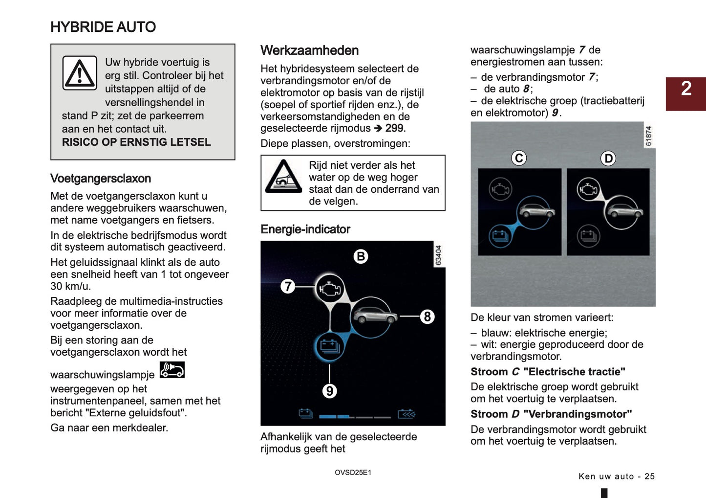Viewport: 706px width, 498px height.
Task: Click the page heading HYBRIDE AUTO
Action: pos(103,27)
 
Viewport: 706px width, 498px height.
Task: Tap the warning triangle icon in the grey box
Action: pos(80,73)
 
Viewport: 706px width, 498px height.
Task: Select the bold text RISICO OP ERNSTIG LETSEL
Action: pos(136,142)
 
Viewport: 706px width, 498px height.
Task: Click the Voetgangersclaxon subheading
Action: pos(101,179)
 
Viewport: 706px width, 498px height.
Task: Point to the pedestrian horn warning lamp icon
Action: pos(172,370)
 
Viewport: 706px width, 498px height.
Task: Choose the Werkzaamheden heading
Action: pos(309,50)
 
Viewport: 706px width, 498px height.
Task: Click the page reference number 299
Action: pos(394,128)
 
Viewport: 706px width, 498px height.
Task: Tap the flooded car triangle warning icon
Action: pos(283,177)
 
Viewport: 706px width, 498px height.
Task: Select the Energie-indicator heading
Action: pos(305,229)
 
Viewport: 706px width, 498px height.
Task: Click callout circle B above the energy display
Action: pos(361,256)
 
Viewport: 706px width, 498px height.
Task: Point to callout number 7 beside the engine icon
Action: pos(288,286)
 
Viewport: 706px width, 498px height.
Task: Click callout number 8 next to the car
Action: pos(428,317)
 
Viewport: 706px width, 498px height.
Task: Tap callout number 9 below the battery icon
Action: pos(330,391)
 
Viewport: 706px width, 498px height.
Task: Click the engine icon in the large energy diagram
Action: pos(330,289)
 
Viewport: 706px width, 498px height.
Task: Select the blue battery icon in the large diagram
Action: pos(330,346)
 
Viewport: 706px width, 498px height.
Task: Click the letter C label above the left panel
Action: pos(519,158)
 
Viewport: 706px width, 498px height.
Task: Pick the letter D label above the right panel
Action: pos(608,158)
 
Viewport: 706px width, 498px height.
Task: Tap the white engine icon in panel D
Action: pos(588,188)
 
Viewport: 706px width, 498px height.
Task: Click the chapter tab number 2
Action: pos(686,89)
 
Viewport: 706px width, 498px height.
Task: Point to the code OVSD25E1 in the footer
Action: pos(353,473)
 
